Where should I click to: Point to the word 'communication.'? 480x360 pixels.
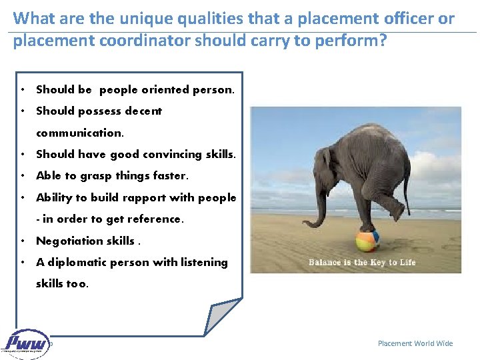point(80,133)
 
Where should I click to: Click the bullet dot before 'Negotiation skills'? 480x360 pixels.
point(23,241)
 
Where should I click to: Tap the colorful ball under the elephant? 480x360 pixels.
point(367,241)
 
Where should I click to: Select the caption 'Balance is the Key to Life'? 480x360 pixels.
point(362,262)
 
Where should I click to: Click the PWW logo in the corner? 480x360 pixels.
point(27,343)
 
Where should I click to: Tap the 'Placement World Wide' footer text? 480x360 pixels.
point(415,343)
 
